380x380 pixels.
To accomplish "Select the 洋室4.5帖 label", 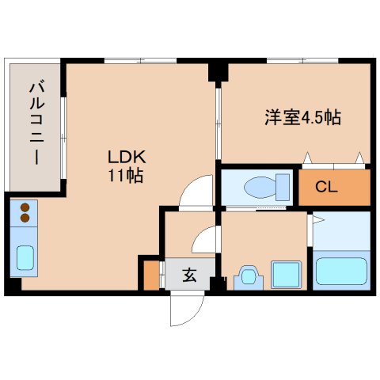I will (x=302, y=118).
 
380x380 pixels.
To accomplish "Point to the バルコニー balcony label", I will (x=36, y=122).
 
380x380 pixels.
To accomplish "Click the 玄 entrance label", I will (x=190, y=275).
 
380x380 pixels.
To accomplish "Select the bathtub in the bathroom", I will (x=342, y=270).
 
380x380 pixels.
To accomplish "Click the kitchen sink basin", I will (x=25, y=258).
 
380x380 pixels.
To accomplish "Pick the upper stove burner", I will (x=24, y=207).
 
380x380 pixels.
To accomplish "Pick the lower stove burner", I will (x=24, y=217).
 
